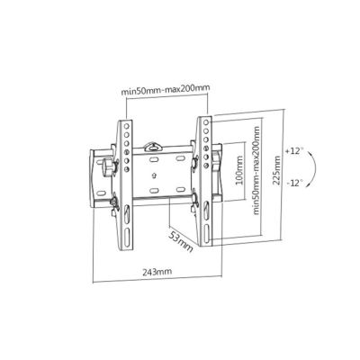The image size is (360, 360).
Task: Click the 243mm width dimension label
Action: coord(157,272)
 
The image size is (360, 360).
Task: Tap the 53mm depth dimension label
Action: coord(180,241)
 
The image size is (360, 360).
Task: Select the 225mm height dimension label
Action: coord(277,170)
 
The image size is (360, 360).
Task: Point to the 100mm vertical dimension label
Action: coord(239,170)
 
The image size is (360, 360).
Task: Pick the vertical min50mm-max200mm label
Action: coord(256,170)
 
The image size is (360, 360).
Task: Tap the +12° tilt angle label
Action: coord(294,151)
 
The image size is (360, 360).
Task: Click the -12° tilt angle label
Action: coord(294,183)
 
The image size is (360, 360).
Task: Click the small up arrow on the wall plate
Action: coord(154,175)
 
